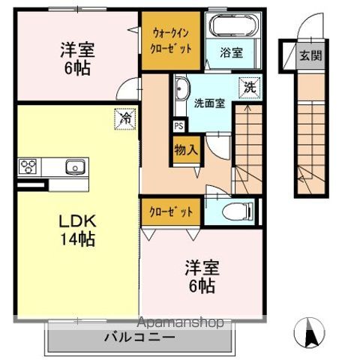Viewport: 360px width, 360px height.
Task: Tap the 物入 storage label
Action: (x=185, y=149)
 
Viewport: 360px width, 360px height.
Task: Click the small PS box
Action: (x=178, y=127)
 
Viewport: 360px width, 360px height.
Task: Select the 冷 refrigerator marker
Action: (x=127, y=118)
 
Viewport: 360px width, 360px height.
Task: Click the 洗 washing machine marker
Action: (x=247, y=87)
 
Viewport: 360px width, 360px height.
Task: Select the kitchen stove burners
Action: (x=28, y=166)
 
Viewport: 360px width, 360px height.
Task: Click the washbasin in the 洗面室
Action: (x=181, y=92)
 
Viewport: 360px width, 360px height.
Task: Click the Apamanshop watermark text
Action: (x=180, y=322)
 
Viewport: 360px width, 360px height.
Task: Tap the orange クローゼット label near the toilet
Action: (x=171, y=212)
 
